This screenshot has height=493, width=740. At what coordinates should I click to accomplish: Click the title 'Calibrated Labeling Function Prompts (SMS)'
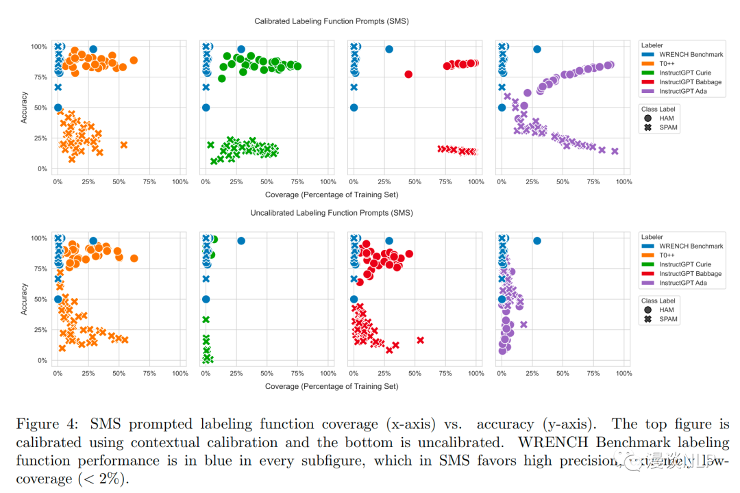click(x=331, y=21)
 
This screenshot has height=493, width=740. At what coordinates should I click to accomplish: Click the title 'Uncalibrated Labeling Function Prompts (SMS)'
click(x=331, y=214)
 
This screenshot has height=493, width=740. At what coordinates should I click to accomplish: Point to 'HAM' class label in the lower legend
click(x=667, y=309)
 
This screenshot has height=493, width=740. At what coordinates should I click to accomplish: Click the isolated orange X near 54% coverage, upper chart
click(x=123, y=144)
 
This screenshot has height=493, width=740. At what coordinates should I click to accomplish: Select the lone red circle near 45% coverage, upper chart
click(x=408, y=74)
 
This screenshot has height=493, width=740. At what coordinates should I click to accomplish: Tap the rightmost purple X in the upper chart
click(x=615, y=151)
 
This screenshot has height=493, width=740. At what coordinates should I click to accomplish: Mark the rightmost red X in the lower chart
click(x=420, y=340)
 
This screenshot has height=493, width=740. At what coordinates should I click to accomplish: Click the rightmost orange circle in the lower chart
click(x=134, y=258)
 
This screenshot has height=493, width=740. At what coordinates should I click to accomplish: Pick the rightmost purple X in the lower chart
click(x=523, y=325)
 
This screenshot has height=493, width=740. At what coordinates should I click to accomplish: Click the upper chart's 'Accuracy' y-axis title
click(x=24, y=108)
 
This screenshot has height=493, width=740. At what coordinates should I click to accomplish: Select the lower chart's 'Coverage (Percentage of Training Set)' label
click(x=332, y=386)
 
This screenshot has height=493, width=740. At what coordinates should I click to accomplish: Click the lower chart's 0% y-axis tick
click(x=40, y=361)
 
